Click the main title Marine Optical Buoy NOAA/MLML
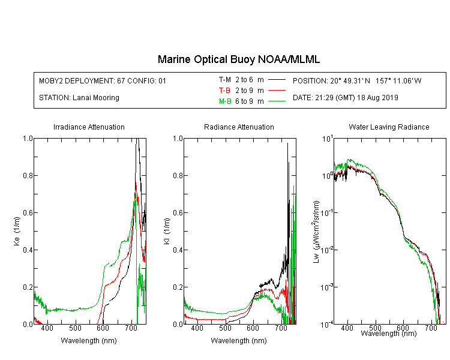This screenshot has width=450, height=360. pos(239,59)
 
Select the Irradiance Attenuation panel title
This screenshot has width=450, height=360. pos(89,127)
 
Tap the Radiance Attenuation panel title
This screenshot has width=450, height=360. pos(239,127)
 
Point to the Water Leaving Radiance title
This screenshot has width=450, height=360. pos(389,127)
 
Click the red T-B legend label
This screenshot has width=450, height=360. pos(224,91)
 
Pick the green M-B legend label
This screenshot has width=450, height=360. pos(225,101)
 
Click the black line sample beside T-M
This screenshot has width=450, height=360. pos(277,80)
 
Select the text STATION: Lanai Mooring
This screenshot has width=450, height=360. pos(79,98)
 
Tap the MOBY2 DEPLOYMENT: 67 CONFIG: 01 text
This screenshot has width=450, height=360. pos(103,81)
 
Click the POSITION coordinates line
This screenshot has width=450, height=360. pos(357,81)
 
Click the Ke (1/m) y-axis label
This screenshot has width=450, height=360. pos(17,232)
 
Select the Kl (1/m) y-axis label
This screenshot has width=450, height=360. pos(167,232)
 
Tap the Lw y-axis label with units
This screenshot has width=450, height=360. pos(316,232)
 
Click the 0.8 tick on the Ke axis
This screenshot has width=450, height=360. pos(28,175)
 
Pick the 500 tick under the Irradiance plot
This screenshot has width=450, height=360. pos(75,328)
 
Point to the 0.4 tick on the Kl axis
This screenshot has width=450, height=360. pos(178,250)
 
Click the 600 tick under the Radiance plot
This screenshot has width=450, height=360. pos(253,328)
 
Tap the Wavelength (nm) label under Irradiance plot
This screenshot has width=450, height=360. pos(89,341)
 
